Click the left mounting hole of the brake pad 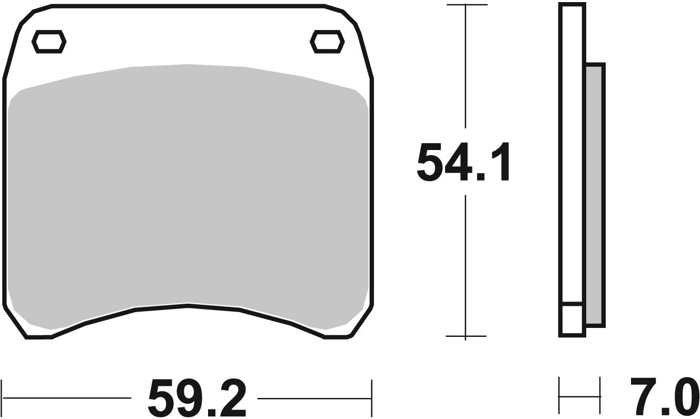point(49,41)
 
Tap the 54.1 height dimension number point(464,162)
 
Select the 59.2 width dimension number point(196,397)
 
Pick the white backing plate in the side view point(572,158)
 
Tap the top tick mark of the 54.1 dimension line point(466,5)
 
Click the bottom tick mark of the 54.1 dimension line point(466,336)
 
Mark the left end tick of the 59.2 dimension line point(3,397)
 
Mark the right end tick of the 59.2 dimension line point(372,397)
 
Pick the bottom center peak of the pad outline point(188,304)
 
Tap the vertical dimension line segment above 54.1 point(466,68)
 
